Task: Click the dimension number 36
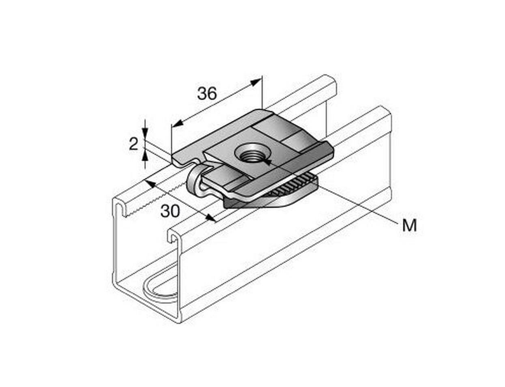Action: pos(207,93)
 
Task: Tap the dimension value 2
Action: pos(133,144)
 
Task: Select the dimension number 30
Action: pos(170,211)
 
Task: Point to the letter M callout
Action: pos(409,226)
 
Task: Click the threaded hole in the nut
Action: pos(248,153)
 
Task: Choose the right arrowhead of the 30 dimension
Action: pos(211,218)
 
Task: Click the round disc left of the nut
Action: pos(193,183)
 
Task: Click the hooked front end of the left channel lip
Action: pos(119,208)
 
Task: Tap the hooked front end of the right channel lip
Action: pos(174,237)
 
